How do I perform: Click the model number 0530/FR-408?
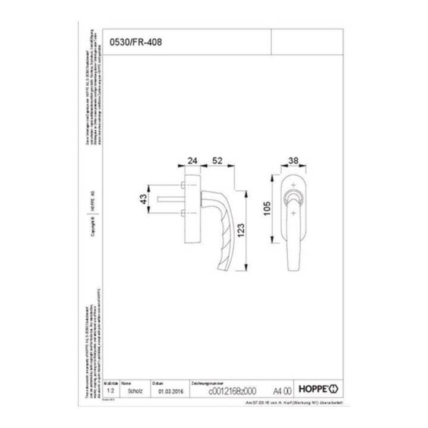point(136,42)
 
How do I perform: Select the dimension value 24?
point(192,161)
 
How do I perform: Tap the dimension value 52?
point(218,161)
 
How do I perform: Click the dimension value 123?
point(241,230)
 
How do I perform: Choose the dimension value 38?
point(293,161)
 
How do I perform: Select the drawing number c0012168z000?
point(232,392)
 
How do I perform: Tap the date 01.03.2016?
point(172,392)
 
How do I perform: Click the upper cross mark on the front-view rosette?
point(293,185)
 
